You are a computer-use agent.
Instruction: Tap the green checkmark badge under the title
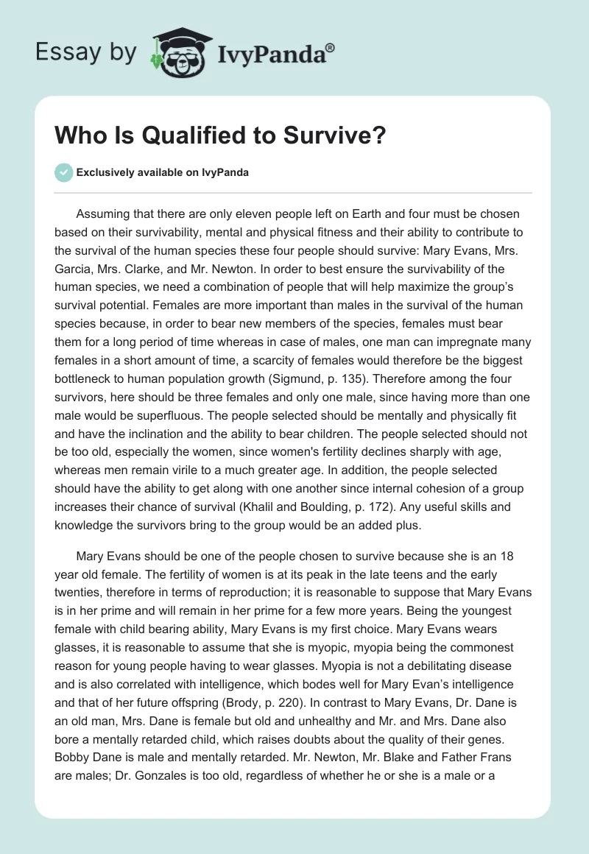click(x=63, y=172)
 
